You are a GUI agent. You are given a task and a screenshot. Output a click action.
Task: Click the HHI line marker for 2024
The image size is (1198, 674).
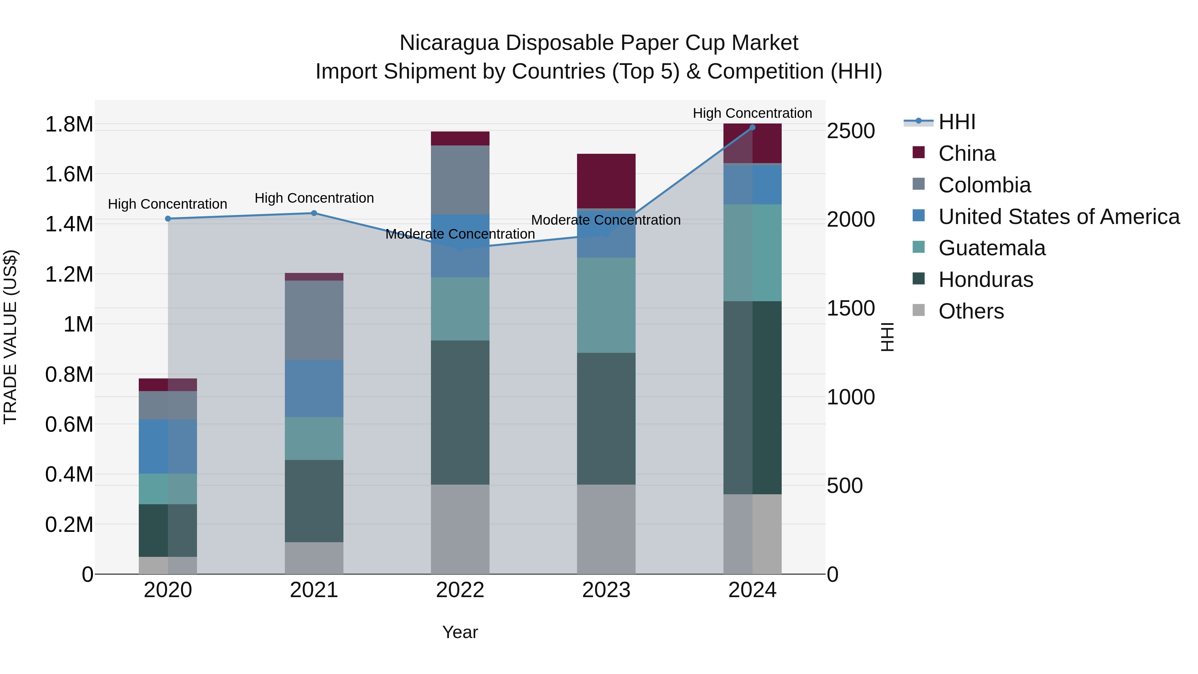pyautogui.click(x=752, y=127)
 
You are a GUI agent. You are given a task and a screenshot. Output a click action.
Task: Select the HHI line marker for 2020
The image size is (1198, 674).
pyautogui.click(x=168, y=219)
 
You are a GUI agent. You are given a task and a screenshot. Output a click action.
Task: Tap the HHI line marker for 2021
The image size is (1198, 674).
pyautogui.click(x=314, y=213)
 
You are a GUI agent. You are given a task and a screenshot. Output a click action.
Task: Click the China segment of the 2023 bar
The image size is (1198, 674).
pyautogui.click(x=606, y=181)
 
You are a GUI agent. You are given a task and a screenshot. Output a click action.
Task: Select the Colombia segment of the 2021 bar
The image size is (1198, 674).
pyautogui.click(x=314, y=320)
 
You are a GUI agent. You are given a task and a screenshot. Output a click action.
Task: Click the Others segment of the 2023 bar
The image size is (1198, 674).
pyautogui.click(x=606, y=529)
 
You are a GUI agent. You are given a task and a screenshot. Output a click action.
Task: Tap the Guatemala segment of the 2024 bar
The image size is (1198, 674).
pyautogui.click(x=752, y=253)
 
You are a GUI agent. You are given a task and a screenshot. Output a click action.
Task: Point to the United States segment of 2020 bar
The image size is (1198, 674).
pyautogui.click(x=168, y=447)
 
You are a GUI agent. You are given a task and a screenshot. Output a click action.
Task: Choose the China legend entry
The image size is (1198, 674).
pyautogui.click(x=966, y=153)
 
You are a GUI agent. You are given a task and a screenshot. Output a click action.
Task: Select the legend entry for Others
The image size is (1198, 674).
pyautogui.click(x=971, y=311)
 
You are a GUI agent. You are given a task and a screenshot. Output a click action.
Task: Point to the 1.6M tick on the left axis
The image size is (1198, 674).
pyautogui.click(x=69, y=174)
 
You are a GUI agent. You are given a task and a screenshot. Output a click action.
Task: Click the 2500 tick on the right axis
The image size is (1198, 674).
pyautogui.click(x=851, y=131)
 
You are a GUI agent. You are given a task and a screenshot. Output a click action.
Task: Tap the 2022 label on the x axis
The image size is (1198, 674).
pyautogui.click(x=460, y=590)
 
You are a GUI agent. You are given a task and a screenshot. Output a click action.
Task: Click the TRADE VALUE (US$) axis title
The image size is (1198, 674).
pyautogui.click(x=10, y=337)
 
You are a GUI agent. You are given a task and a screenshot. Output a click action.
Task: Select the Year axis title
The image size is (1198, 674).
pyautogui.click(x=460, y=632)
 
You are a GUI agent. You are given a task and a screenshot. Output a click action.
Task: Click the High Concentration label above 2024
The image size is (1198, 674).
pyautogui.click(x=752, y=113)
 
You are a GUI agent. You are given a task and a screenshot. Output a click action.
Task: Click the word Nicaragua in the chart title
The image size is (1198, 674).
pyautogui.click(x=449, y=43)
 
